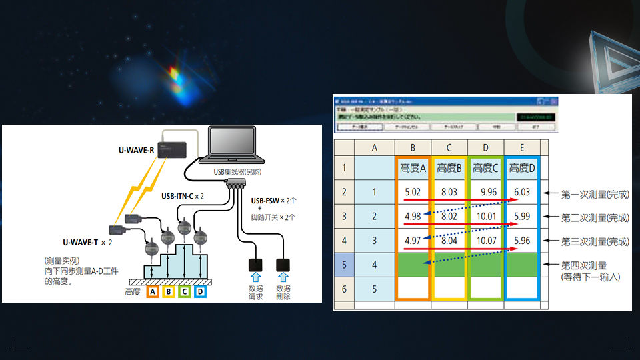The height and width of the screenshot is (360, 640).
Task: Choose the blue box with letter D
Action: (199, 291)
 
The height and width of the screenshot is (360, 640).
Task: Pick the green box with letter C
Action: (183, 291)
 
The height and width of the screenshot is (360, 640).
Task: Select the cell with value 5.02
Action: (413, 192)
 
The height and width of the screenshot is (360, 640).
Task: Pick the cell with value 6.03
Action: (521, 192)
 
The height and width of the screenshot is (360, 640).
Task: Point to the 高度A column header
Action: (413, 168)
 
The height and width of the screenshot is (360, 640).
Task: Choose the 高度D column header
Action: (522, 168)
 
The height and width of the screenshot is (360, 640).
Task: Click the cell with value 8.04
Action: (449, 240)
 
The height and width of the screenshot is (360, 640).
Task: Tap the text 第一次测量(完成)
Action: (595, 195)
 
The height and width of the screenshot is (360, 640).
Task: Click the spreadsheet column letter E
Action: (522, 147)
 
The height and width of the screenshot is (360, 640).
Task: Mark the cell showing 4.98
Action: (413, 216)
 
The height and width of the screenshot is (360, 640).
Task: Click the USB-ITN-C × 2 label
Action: (182, 197)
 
